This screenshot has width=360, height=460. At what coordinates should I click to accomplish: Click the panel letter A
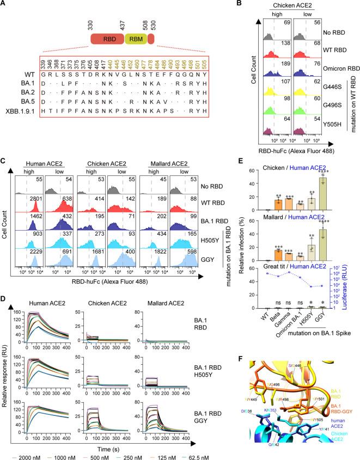(x=4, y=5)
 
